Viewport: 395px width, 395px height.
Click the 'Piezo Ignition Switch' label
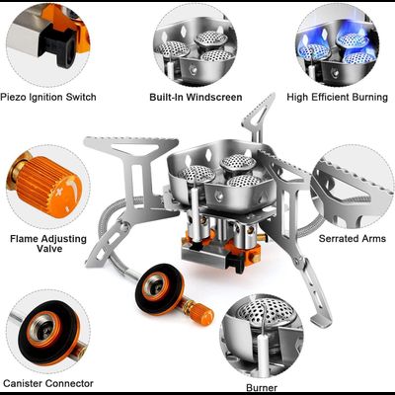(48, 97)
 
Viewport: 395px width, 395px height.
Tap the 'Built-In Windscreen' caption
(196, 97)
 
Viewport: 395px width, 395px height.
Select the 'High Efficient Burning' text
(338, 97)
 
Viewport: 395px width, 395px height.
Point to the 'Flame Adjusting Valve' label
(48, 243)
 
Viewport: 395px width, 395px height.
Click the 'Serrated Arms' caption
(353, 238)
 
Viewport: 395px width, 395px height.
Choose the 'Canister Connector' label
(48, 383)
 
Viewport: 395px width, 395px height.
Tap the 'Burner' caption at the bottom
(262, 387)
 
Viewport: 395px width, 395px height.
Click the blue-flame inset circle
(338, 46)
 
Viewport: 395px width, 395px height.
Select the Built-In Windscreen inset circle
(196, 46)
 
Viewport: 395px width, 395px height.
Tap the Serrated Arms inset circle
(353, 187)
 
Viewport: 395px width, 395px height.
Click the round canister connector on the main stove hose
(159, 289)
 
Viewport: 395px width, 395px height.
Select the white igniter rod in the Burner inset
(265, 350)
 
